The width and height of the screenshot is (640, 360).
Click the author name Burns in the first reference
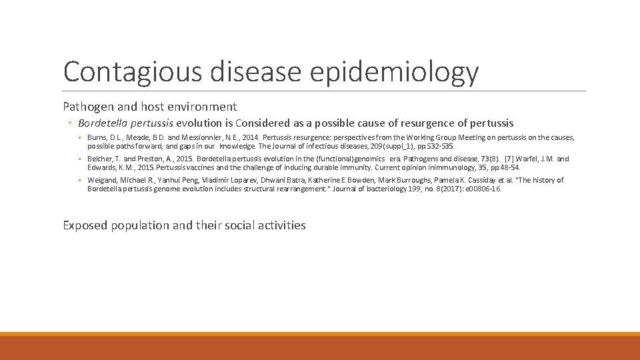click(97, 137)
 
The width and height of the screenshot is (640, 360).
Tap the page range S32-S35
click(441, 146)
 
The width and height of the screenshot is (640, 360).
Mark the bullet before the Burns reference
click(81, 138)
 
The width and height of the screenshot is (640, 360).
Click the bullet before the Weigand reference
click(81, 181)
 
